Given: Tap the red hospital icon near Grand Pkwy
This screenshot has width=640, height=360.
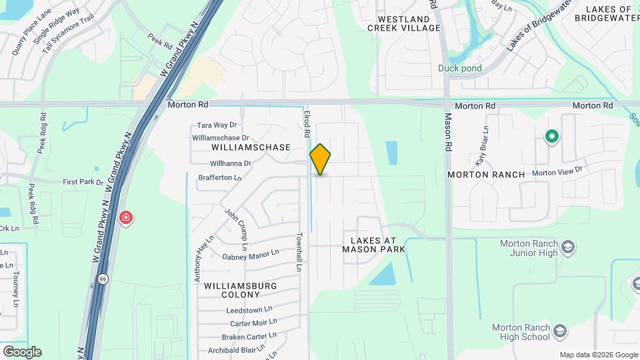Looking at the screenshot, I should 125,218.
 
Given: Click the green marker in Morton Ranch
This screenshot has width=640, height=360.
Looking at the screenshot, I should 551,137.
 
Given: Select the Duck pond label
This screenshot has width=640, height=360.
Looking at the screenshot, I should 460,68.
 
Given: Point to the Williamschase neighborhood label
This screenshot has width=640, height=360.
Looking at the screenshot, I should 251,147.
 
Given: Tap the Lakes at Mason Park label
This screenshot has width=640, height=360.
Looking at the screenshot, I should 374,244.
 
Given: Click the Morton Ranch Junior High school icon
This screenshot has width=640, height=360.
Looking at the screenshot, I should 567,248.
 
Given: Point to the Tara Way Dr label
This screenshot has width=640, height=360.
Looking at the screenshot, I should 217,125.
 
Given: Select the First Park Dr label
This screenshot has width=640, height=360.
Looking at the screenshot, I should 83,181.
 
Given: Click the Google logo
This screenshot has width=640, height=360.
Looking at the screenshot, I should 22,352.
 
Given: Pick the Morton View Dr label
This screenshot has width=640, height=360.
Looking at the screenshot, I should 557,171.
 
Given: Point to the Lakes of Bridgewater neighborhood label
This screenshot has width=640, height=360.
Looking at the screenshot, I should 607,14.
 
